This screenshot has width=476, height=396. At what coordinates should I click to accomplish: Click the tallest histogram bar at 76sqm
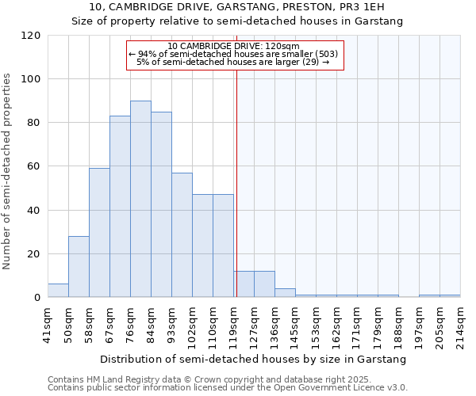point(140,199)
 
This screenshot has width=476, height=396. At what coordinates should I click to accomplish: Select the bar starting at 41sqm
point(58,291)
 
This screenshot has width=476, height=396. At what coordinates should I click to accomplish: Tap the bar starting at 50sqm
point(79,267)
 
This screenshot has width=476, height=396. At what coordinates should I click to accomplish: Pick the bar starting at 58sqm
point(99,233)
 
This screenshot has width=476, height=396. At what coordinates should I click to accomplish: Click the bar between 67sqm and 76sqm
point(120,207)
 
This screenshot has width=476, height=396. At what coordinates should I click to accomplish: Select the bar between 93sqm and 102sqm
point(182,235)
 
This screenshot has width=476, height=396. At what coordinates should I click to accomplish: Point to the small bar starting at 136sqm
point(285,293)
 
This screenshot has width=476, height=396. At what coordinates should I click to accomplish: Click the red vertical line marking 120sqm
point(236,182)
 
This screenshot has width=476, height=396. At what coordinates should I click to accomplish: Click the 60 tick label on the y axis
point(34,166)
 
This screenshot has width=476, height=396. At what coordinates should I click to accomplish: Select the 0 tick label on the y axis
point(37,298)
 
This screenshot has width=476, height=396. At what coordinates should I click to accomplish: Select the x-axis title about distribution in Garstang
point(254,359)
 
